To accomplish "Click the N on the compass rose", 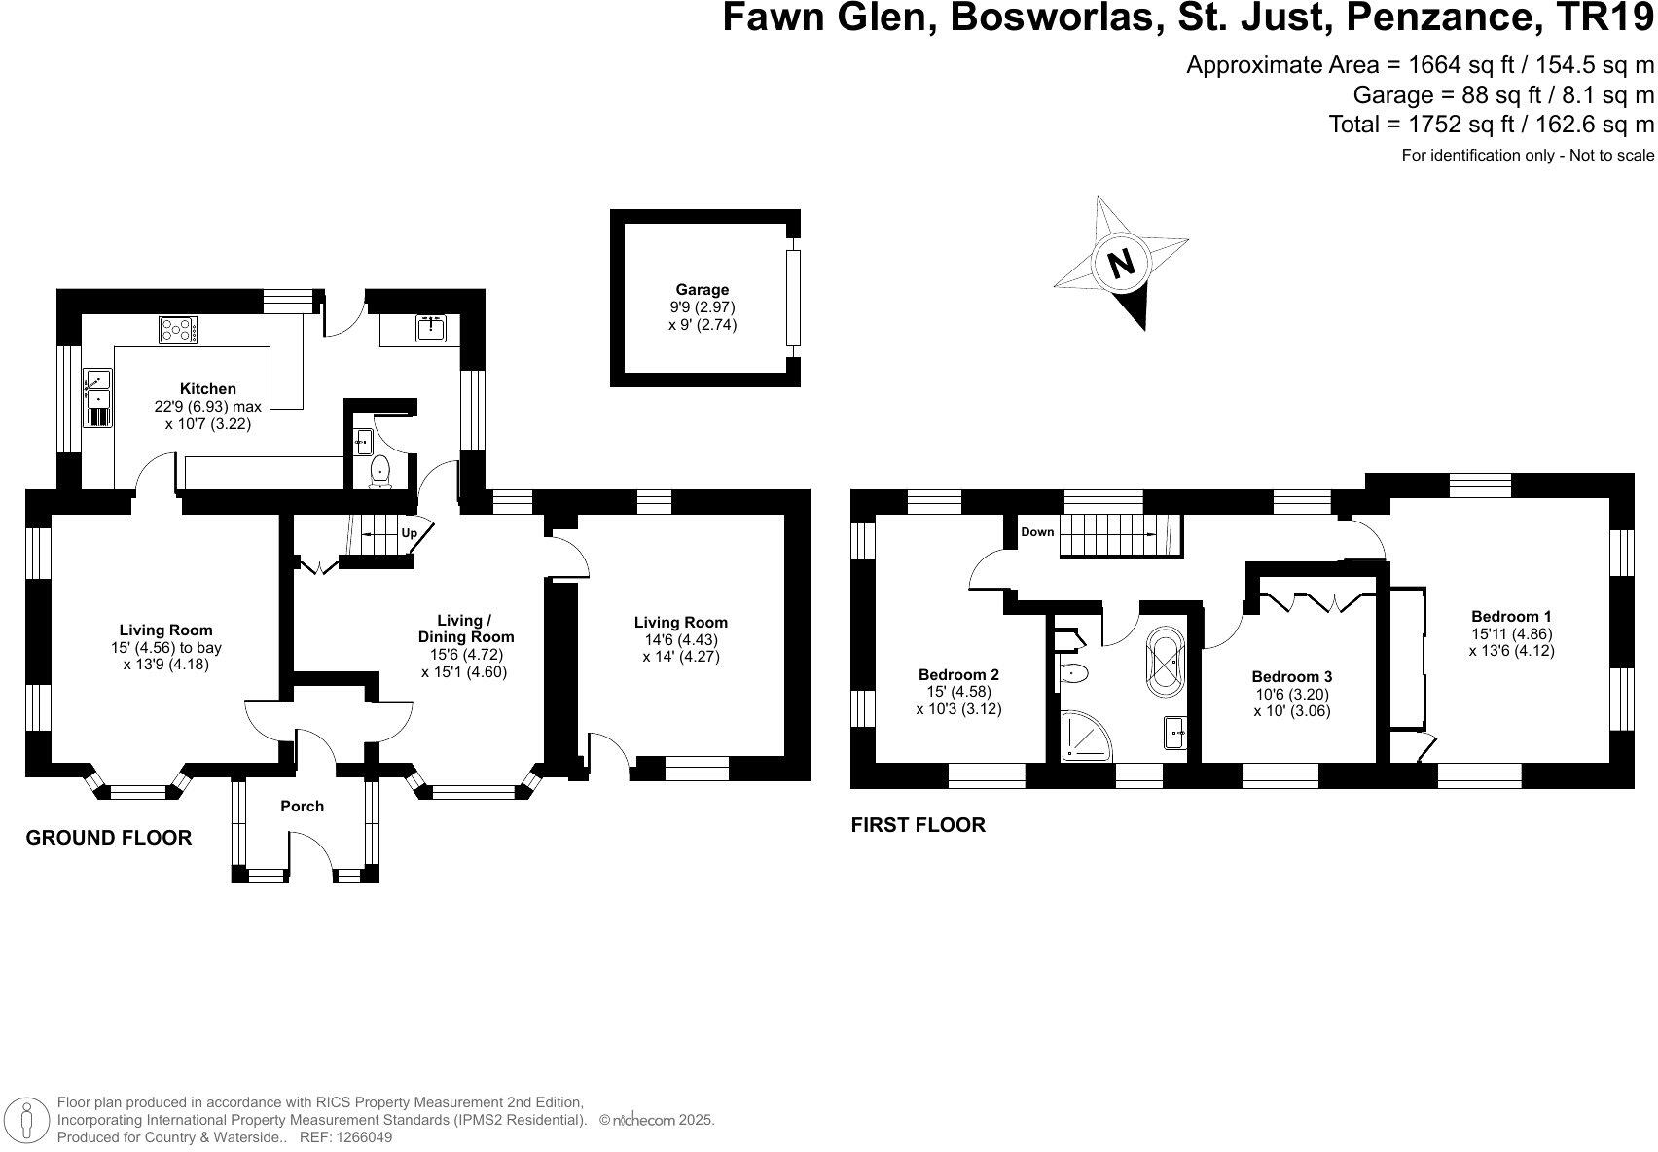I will click(x=1122, y=263).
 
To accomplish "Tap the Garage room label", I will click(x=703, y=289).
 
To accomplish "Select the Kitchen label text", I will click(x=207, y=389).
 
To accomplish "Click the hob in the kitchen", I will click(x=178, y=330).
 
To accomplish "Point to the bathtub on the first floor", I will click(x=1166, y=662).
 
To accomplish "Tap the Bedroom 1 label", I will click(x=1511, y=616).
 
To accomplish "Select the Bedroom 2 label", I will click(x=958, y=674).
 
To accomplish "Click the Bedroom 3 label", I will click(x=1291, y=676).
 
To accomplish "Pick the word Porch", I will click(x=302, y=806).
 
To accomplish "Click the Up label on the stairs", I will click(x=410, y=533).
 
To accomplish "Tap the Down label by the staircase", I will click(x=1037, y=532).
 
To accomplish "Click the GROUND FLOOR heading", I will click(x=108, y=838).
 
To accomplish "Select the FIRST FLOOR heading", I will click(x=918, y=825).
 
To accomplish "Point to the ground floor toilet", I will click(x=379, y=471).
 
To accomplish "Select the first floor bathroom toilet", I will click(x=1075, y=672).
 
